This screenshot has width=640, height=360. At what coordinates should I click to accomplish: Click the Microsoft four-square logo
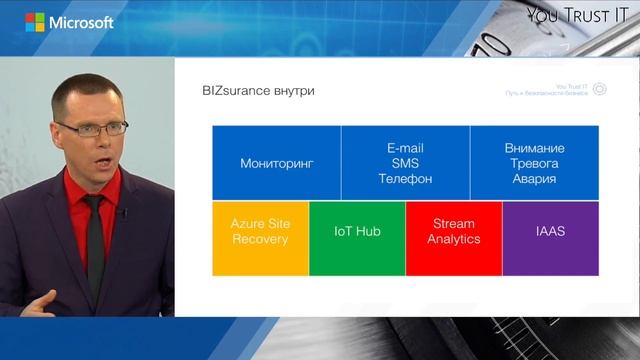[35, 22]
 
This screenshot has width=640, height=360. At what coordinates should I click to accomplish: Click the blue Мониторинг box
[277, 163]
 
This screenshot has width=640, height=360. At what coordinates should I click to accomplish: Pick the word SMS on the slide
[405, 163]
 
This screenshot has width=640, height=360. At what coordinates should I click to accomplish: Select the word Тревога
[534, 163]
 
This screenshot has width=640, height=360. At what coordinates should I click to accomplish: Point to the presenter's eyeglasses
[92, 128]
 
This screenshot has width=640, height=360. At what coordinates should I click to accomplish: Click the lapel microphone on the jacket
[123, 213]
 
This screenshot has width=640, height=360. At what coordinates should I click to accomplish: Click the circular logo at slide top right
[599, 90]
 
